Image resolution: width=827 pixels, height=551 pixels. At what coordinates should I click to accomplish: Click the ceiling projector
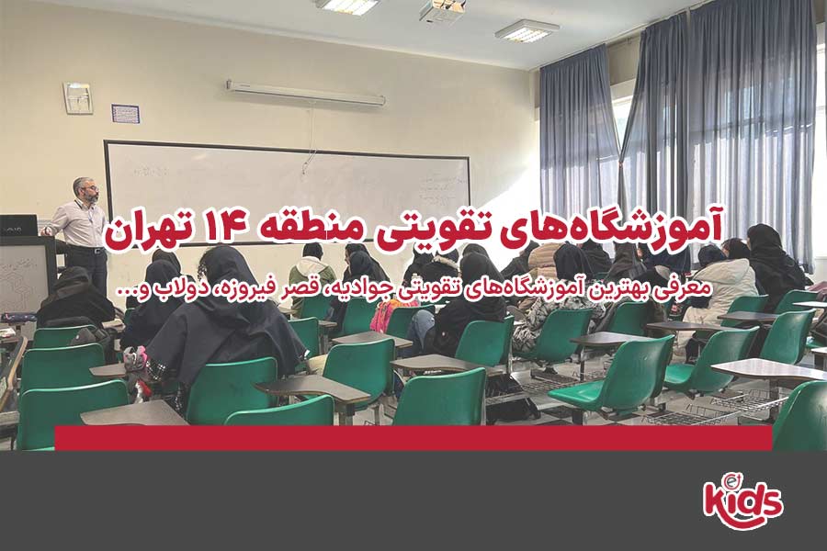[442, 10]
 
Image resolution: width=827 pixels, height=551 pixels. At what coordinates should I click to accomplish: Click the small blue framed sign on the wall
[125, 114]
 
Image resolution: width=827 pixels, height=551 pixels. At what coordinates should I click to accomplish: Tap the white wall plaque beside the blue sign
[77, 97]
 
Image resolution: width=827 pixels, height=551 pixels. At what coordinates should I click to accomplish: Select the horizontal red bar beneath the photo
[413, 438]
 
